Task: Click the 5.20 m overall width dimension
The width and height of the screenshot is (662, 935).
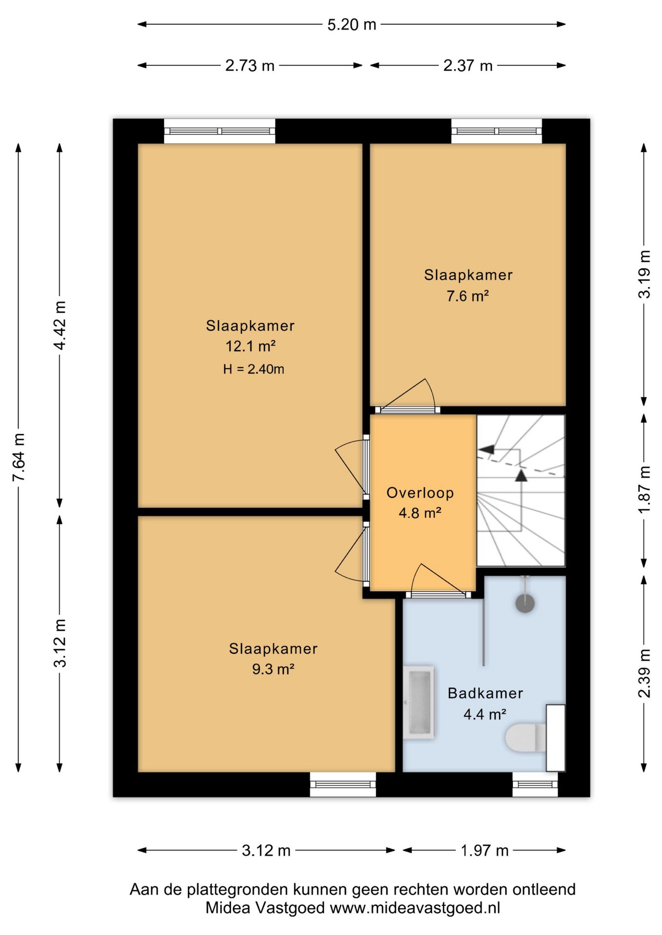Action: [351, 24]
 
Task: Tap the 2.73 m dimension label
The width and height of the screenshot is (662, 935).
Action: [250, 65]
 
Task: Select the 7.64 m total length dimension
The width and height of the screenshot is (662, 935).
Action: [19, 457]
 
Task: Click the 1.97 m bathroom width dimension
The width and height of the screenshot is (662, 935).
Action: [485, 850]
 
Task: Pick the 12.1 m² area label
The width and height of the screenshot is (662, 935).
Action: [250, 346]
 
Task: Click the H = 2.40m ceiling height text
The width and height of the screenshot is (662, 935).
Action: [253, 369]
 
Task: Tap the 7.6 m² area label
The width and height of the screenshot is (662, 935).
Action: [467, 296]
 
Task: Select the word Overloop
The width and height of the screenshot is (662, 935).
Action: [420, 493]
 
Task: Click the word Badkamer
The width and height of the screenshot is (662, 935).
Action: [486, 693]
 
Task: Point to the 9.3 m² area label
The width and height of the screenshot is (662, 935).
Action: [273, 669]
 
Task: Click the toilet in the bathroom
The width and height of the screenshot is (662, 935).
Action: [526, 737]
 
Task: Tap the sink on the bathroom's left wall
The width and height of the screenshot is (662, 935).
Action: [418, 702]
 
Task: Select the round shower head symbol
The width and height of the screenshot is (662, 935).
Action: [525, 603]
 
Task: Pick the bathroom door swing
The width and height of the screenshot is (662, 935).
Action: [438, 580]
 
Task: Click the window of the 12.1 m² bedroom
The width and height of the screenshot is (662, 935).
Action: [219, 131]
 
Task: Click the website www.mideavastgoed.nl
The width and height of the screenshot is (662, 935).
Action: [415, 908]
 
